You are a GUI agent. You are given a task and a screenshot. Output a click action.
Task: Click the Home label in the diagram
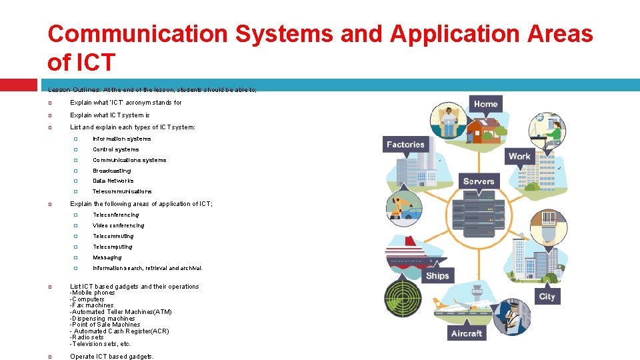[485, 103]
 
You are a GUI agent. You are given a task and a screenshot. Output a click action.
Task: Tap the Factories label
[405, 144]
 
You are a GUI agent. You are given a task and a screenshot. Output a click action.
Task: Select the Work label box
[519, 157]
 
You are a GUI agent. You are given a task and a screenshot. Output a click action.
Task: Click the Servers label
[479, 181]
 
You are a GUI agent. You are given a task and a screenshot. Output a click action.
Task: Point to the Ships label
[437, 275]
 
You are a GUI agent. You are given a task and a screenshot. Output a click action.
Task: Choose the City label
[547, 296]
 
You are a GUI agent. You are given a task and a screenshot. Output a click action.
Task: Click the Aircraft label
[467, 333]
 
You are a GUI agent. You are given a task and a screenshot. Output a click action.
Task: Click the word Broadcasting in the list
[112, 171]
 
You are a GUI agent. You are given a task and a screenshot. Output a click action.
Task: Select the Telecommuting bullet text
[113, 236]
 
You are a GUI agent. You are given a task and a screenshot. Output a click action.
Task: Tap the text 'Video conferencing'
[118, 225]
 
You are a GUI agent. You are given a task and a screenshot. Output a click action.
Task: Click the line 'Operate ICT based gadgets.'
[112, 356]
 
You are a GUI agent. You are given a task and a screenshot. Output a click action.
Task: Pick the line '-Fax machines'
[92, 305]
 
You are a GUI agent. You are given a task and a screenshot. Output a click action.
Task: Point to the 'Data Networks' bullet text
[113, 181]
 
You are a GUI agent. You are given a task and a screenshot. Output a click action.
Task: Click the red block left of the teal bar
[19, 85]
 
